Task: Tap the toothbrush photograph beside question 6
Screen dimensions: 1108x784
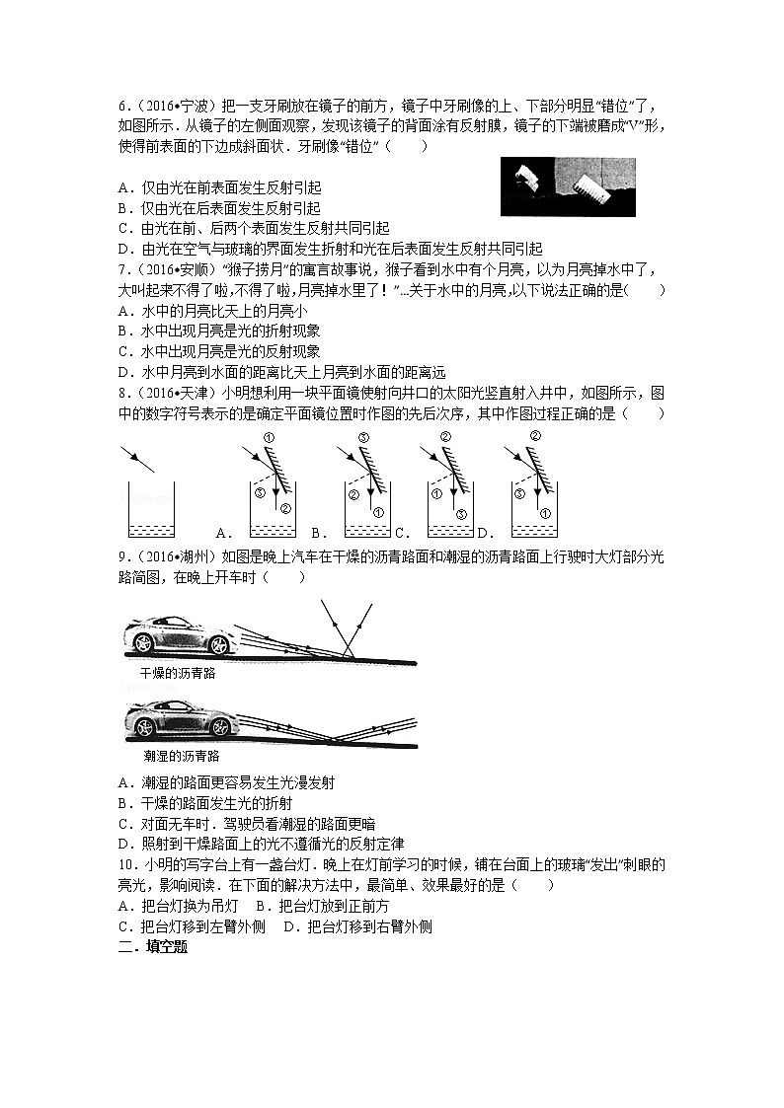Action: (567, 186)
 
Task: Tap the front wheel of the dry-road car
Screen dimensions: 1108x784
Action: (217, 644)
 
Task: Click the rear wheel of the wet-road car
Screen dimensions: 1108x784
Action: (145, 728)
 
